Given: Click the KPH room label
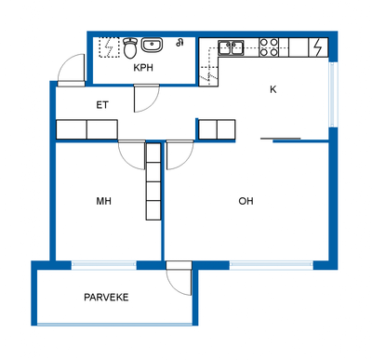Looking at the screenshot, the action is click(143, 68).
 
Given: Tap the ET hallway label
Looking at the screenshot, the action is click(102, 105).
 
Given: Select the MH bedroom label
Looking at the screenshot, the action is click(104, 201).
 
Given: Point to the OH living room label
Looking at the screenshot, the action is click(246, 201).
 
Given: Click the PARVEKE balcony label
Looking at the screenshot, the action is click(106, 298).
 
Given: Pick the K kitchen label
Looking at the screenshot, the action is click(273, 89).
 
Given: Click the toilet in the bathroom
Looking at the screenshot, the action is click(130, 47).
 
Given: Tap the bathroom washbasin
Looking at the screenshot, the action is click(153, 45).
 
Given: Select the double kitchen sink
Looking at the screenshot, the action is click(231, 47).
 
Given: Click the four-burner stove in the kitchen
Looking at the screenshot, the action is click(269, 47).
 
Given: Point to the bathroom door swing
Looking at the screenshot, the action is click(146, 98).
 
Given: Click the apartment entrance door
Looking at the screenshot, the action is click(72, 71).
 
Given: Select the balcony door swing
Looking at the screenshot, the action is click(179, 278).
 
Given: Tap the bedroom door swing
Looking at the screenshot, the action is click(132, 155).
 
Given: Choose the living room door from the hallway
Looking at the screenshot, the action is click(179, 155).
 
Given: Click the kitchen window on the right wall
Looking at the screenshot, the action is click(333, 95).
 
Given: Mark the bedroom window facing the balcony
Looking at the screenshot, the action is click(104, 265).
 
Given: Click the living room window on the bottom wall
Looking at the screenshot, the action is click(272, 265).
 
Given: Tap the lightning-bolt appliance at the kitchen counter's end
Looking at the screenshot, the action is click(318, 47).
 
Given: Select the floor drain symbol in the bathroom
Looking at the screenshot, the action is click(179, 43).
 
